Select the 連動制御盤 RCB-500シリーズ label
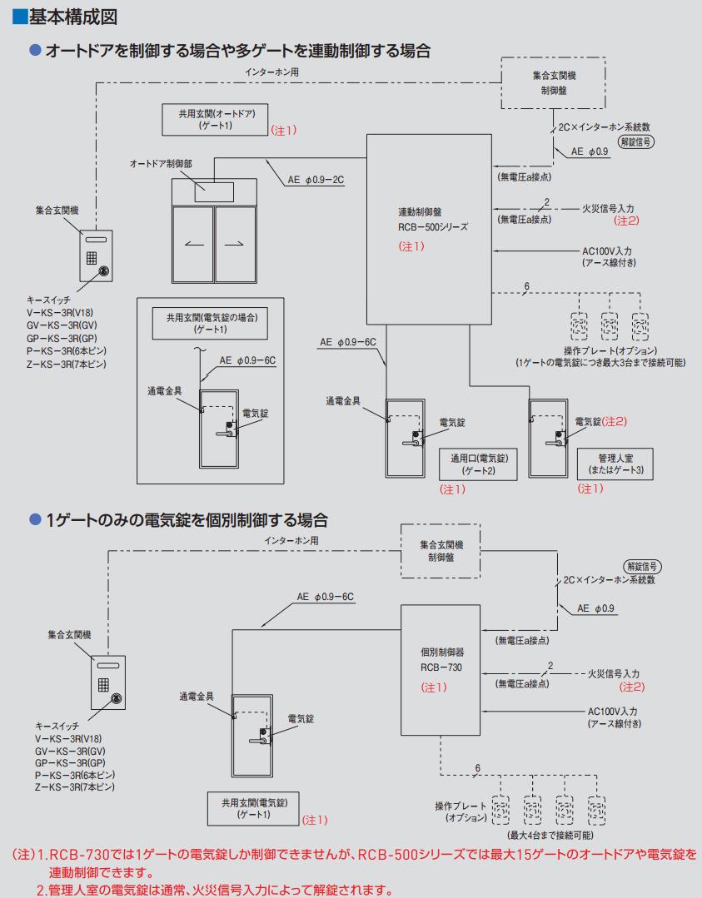[433, 220]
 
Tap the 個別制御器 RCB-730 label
[441, 658]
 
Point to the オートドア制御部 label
[161, 165]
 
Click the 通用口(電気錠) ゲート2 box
[479, 464]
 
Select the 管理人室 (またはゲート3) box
[614, 464]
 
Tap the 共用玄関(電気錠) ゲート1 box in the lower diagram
[254, 808]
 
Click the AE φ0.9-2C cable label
[316, 179]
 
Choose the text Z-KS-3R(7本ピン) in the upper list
[67, 364]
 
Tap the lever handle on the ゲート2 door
[412, 443]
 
